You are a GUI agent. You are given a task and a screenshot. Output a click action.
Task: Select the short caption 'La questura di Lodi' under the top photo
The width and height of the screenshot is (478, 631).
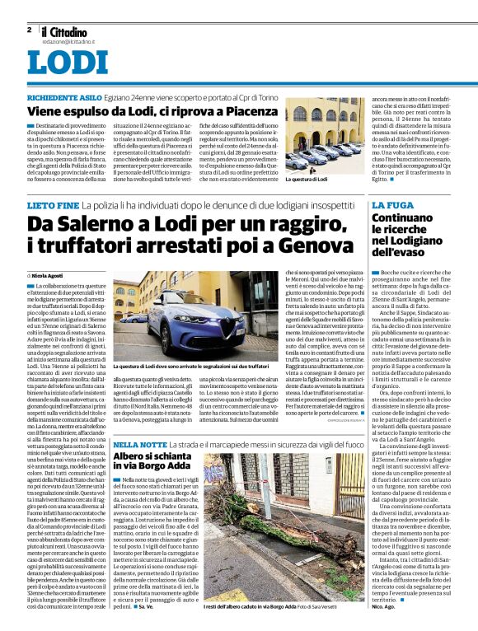(x=307, y=179)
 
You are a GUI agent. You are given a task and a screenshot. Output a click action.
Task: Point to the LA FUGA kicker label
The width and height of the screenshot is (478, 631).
(x=394, y=203)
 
